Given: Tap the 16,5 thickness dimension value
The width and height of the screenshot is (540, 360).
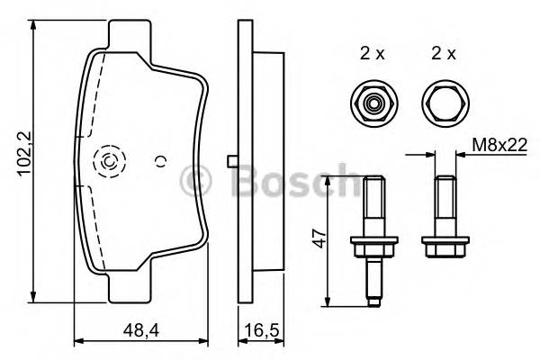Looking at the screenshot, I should pyautogui.click(x=260, y=332).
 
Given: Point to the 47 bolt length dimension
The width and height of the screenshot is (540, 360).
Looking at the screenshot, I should pyautogui.click(x=316, y=238).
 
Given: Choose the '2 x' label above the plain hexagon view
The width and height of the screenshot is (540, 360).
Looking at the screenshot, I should pyautogui.click(x=443, y=53).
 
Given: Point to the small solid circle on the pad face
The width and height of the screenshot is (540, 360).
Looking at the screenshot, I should pyautogui.click(x=160, y=162).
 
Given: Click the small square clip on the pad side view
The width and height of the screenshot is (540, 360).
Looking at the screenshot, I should pyautogui.click(x=233, y=161).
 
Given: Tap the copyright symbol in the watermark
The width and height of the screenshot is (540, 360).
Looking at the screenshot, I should pyautogui.click(x=194, y=180).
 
